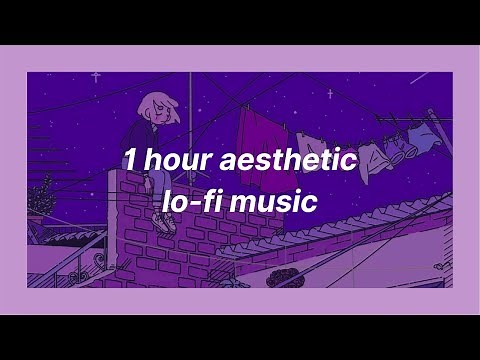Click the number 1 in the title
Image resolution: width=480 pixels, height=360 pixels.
click(130, 159)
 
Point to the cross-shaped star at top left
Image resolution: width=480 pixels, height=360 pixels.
click(96, 77)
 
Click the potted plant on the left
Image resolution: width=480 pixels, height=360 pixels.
click(43, 195)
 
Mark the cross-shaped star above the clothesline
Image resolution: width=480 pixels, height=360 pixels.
click(330, 94)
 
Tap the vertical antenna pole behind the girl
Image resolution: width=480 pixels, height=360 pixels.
click(190, 100)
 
